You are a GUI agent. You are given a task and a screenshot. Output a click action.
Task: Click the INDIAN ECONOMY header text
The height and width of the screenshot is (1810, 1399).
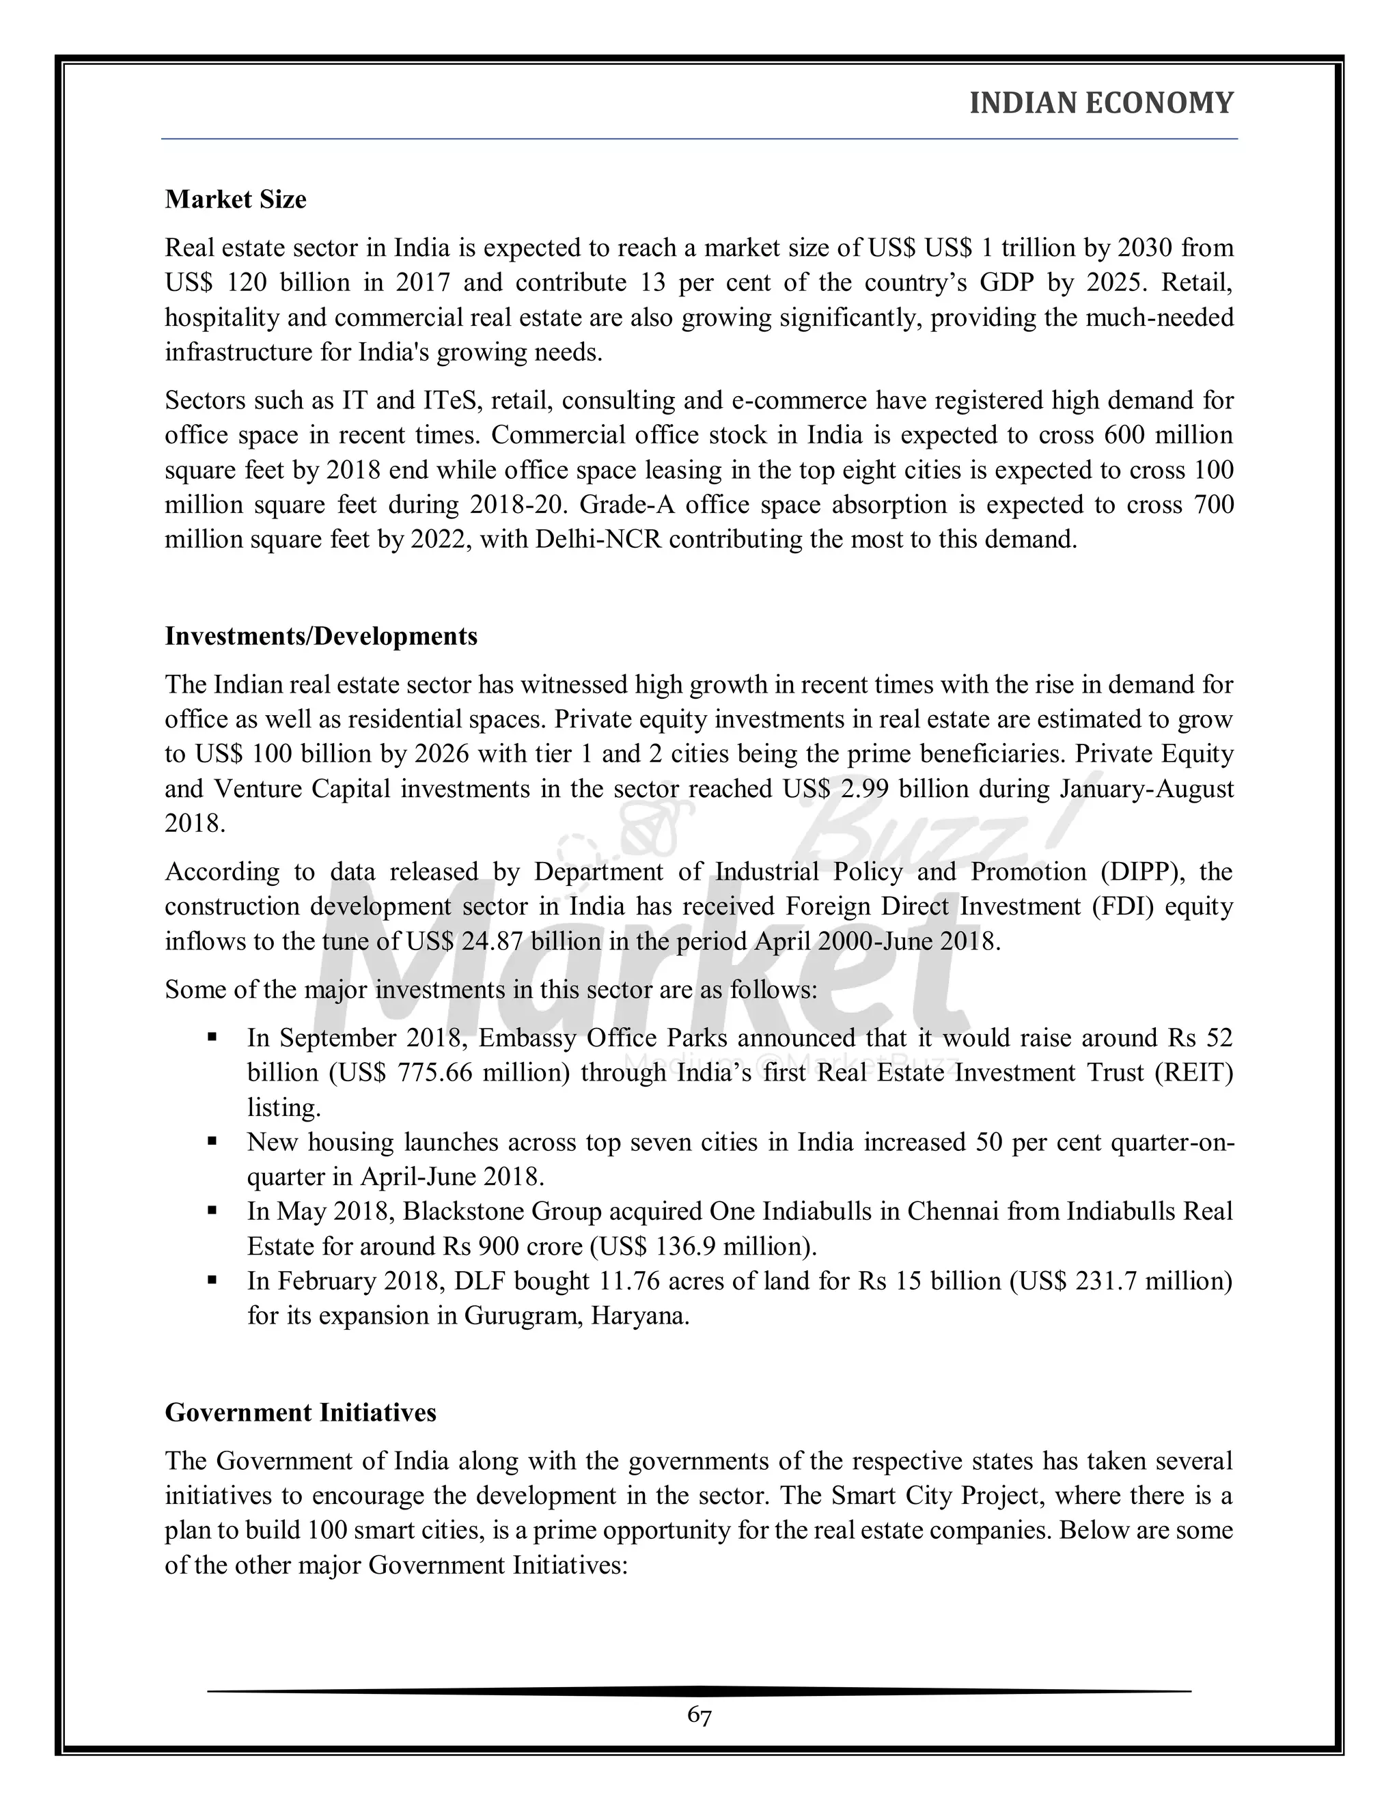1100,104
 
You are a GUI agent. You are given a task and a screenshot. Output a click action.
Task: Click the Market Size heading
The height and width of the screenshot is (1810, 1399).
236,199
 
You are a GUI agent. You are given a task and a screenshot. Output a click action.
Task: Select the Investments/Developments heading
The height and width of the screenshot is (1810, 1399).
321,637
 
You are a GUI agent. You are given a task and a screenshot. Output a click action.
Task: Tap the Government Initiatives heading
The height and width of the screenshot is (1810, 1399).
300,1413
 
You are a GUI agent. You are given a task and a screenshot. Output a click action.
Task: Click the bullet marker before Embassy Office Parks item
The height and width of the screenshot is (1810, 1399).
212,1037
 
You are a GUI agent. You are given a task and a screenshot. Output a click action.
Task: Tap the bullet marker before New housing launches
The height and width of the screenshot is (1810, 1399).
212,1141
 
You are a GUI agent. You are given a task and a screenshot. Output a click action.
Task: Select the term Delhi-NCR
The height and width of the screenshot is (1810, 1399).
587,540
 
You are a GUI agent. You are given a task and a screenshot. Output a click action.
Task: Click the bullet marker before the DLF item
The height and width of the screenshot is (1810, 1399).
212,1281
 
